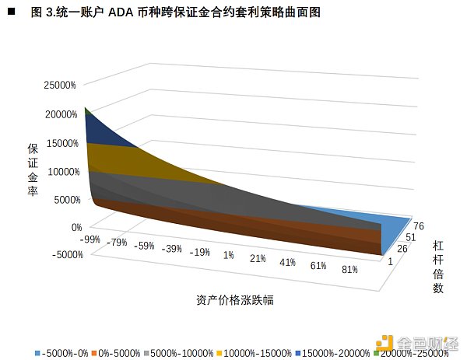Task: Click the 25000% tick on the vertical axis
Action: point(60,86)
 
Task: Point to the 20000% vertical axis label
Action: point(60,114)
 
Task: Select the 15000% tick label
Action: point(60,143)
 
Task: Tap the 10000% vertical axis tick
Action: point(60,172)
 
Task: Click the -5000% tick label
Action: point(65,255)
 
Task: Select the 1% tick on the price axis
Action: point(229,255)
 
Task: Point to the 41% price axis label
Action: point(287,262)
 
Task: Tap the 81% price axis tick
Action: point(349,270)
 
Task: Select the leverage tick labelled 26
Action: point(403,250)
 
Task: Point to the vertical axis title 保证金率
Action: point(33,170)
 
